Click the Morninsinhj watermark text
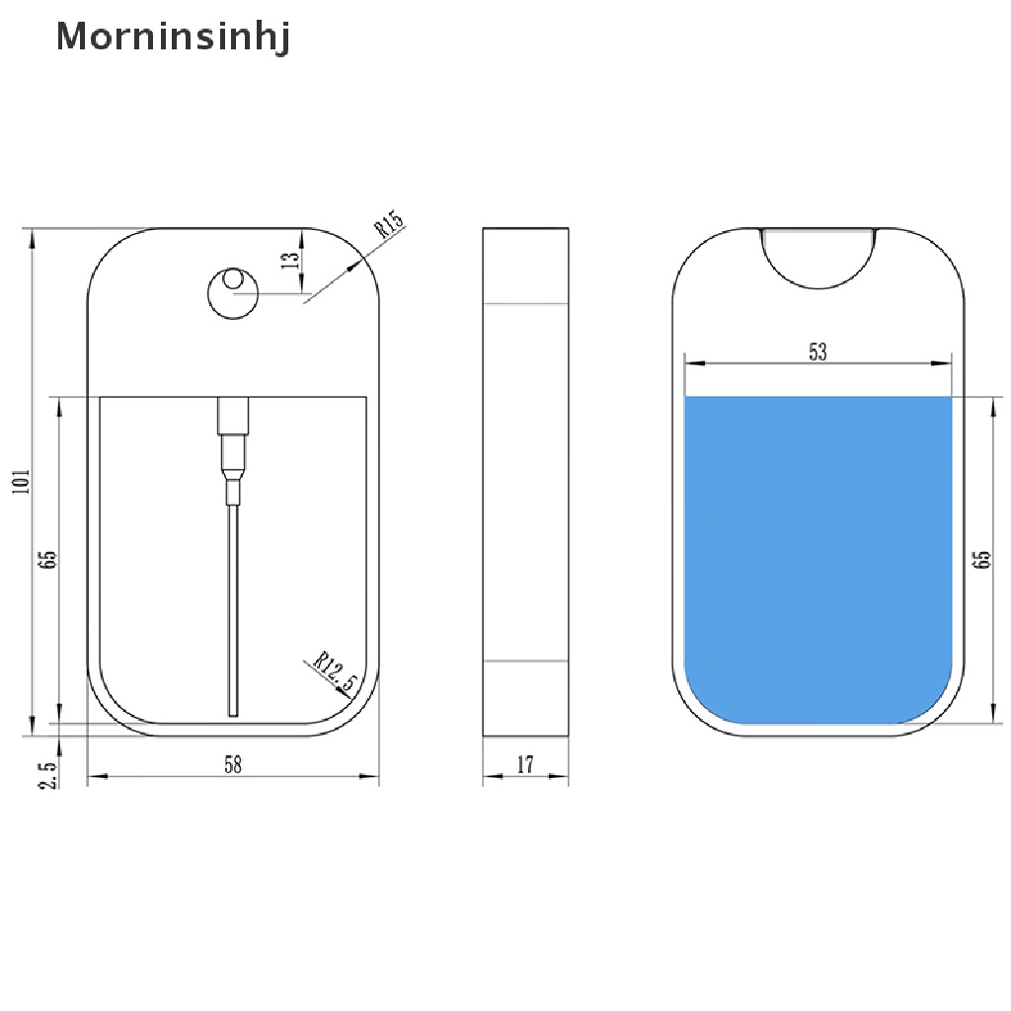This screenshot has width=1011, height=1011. pos(173,38)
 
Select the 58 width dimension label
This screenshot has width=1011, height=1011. pos(233,763)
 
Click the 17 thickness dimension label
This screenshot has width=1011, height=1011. pos(525,763)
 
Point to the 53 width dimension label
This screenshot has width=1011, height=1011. pos(817,351)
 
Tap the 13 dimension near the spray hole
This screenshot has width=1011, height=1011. pos(289,261)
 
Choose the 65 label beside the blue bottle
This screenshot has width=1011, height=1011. pos(981,560)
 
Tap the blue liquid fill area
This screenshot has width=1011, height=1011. pos(817,553)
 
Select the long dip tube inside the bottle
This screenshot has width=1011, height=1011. pos(233,612)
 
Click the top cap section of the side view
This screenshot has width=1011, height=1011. pos(526,265)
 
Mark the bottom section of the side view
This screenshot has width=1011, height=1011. pos(526,697)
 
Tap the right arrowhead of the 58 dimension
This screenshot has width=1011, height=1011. pos(372,777)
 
